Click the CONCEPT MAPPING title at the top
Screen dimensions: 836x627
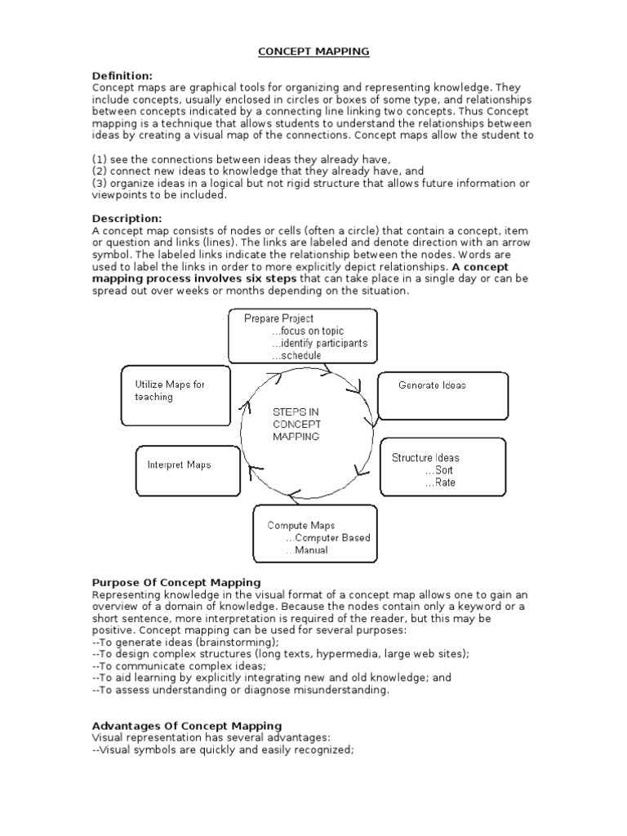click(x=313, y=51)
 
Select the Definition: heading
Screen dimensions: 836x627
click(x=122, y=76)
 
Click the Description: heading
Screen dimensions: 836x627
click(x=127, y=219)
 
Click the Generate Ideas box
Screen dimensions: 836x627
click(x=442, y=395)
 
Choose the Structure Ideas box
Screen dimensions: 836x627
click(x=442, y=467)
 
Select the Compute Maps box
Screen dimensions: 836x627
click(x=315, y=534)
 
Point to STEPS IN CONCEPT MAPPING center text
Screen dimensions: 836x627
click(x=296, y=425)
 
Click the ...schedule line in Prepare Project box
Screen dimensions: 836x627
click(x=296, y=357)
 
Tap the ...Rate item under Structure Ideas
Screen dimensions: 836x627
click(x=440, y=482)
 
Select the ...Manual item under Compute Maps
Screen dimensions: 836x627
click(x=307, y=550)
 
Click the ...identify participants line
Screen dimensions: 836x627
click(x=319, y=344)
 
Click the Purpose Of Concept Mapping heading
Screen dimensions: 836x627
click(x=176, y=582)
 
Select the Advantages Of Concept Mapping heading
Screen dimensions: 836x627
click(x=187, y=725)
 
